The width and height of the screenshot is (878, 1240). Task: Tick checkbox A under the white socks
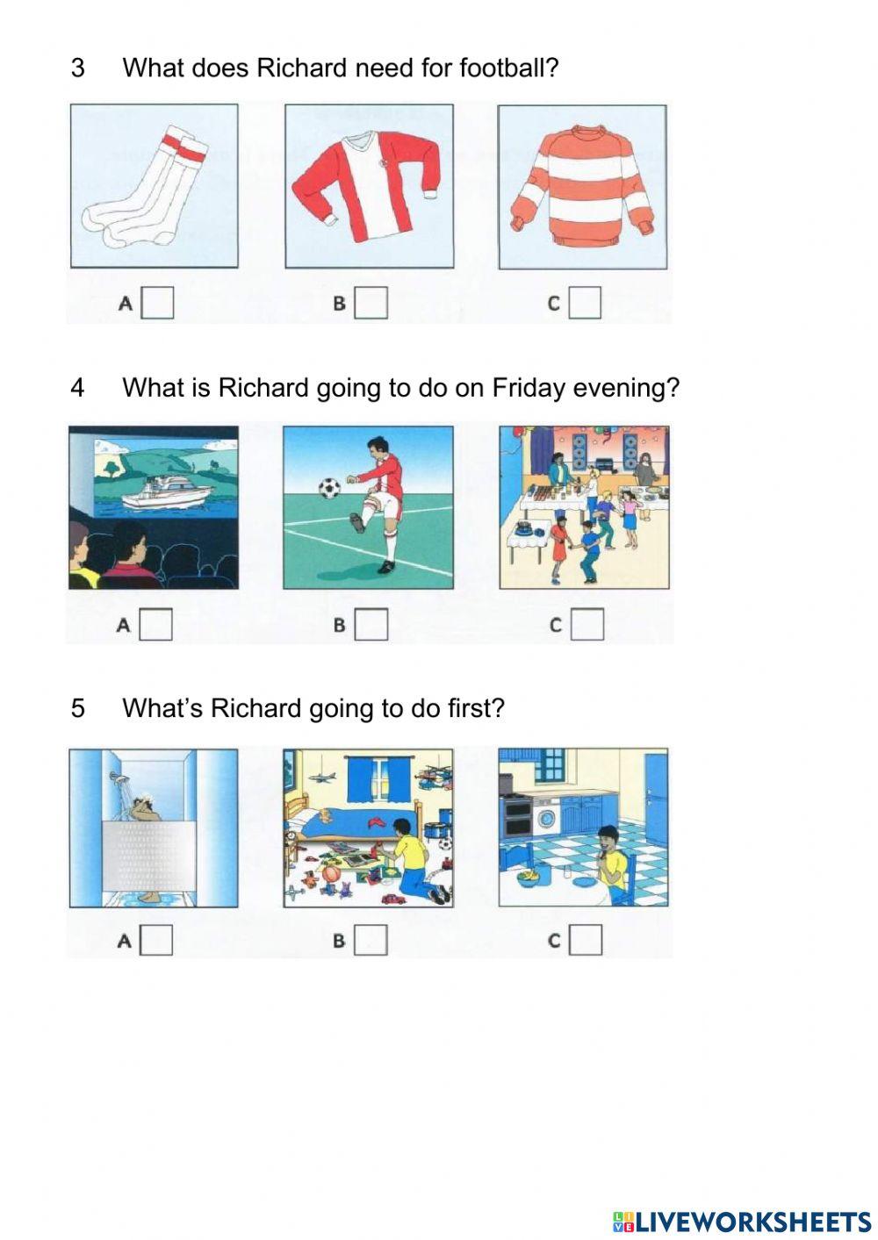coord(158,304)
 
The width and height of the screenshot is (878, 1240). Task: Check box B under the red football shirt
coord(371,304)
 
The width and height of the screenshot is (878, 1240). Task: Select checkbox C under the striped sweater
coord(585,304)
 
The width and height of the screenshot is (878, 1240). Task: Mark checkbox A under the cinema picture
coord(156,625)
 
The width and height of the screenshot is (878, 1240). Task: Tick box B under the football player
coord(371,625)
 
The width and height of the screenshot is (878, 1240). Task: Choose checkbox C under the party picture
coord(587,625)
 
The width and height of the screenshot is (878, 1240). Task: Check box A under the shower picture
coord(157,940)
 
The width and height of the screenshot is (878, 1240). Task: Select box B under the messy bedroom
coord(371,940)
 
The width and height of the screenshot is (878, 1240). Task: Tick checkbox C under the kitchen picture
coord(586,940)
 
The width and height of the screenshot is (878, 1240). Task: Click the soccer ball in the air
coord(327,486)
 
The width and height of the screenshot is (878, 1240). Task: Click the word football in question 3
coord(507,68)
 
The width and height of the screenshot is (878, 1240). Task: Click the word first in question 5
coord(476,708)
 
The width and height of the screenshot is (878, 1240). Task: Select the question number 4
coord(78,388)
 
